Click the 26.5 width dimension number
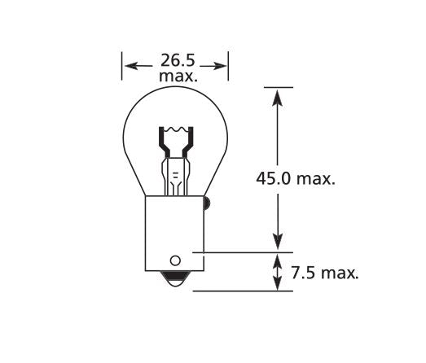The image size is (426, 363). point(175,60)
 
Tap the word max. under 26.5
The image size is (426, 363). point(176,76)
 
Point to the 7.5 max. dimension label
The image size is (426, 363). point(324,273)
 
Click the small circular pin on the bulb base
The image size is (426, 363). point(174,261)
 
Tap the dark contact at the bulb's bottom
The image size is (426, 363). point(174,278)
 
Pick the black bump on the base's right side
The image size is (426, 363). point(207,202)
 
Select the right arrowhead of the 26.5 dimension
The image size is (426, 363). point(222,65)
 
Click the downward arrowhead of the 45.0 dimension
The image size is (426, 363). point(277,243)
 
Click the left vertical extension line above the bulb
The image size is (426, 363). point(122,65)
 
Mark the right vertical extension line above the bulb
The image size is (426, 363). point(227,65)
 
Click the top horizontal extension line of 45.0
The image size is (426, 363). point(277,86)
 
